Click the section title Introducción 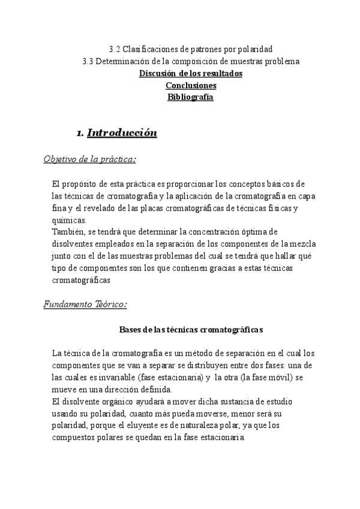coord(122,133)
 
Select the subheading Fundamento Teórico coord(85,305)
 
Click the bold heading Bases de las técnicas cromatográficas coord(191,330)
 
